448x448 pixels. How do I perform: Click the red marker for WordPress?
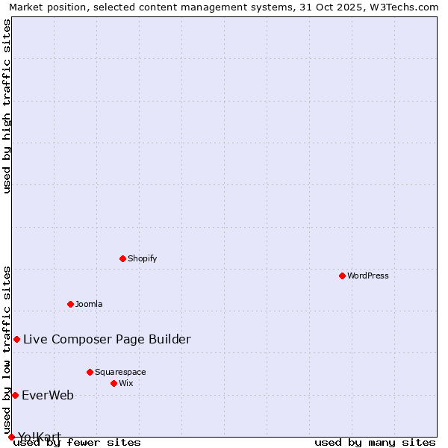click(342, 276)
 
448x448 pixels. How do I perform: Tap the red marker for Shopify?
click(122, 258)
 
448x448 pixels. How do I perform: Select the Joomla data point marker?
click(70, 304)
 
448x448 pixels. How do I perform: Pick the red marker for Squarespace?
click(90, 372)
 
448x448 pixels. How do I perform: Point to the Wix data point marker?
click(113, 383)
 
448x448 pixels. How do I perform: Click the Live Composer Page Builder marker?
click(16, 339)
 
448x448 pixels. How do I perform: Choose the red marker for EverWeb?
click(15, 395)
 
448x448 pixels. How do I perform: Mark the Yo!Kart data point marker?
click(11, 437)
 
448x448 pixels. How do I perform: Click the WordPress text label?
click(368, 276)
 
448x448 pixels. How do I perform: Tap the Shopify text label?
click(142, 258)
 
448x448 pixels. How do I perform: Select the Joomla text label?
click(89, 304)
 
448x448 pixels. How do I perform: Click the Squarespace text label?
click(120, 372)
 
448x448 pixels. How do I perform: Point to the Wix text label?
click(125, 383)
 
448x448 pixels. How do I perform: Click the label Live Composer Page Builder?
click(107, 339)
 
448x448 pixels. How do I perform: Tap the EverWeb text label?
click(48, 395)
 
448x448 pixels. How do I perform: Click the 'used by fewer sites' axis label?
click(77, 442)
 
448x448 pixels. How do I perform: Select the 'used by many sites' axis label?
click(375, 442)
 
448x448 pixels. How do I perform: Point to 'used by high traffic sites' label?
click(7, 106)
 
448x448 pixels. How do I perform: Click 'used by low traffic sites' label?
click(7, 349)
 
